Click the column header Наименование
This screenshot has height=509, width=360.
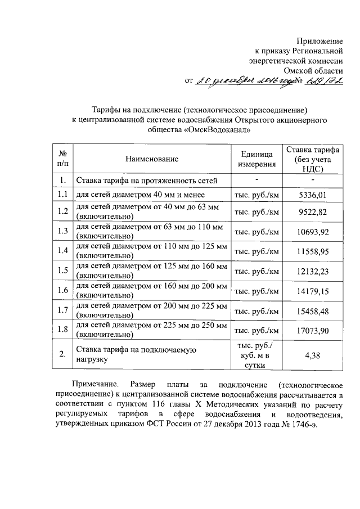[152, 159]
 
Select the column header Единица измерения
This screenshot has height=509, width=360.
[258, 159]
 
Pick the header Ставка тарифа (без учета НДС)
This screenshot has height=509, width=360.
[312, 159]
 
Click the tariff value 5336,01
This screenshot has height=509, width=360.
[312, 195]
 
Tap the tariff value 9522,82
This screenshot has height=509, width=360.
[312, 213]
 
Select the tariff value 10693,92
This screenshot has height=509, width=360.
[312, 232]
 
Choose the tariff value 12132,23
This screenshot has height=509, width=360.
[312, 271]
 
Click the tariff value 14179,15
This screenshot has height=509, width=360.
[312, 291]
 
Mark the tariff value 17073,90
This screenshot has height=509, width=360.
[312, 330]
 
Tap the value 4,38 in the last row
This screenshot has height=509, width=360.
[312, 355]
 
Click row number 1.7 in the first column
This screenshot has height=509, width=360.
[62, 310]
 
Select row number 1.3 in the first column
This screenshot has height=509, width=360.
[62, 232]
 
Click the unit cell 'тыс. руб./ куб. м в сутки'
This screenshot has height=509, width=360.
[258, 355]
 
